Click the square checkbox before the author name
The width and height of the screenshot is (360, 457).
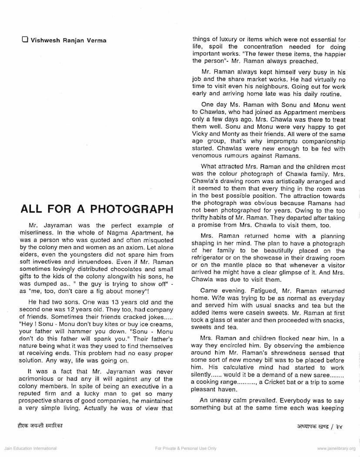(25, 40)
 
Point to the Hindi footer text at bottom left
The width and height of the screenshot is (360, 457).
(37, 425)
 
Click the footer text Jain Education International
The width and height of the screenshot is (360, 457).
(30, 449)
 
